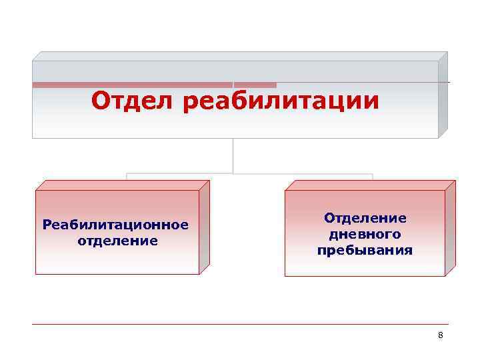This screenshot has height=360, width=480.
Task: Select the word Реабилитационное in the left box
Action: point(115,225)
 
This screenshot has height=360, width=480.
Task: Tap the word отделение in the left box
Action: point(118,239)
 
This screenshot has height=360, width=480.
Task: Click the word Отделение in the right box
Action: point(365,219)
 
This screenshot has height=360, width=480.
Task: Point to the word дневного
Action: point(365,234)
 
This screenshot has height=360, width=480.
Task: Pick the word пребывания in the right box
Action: point(365,251)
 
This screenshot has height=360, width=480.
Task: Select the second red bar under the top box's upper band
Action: point(255,85)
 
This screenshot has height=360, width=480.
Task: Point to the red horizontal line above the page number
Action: point(240,325)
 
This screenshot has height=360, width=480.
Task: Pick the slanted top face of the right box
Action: point(370,185)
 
